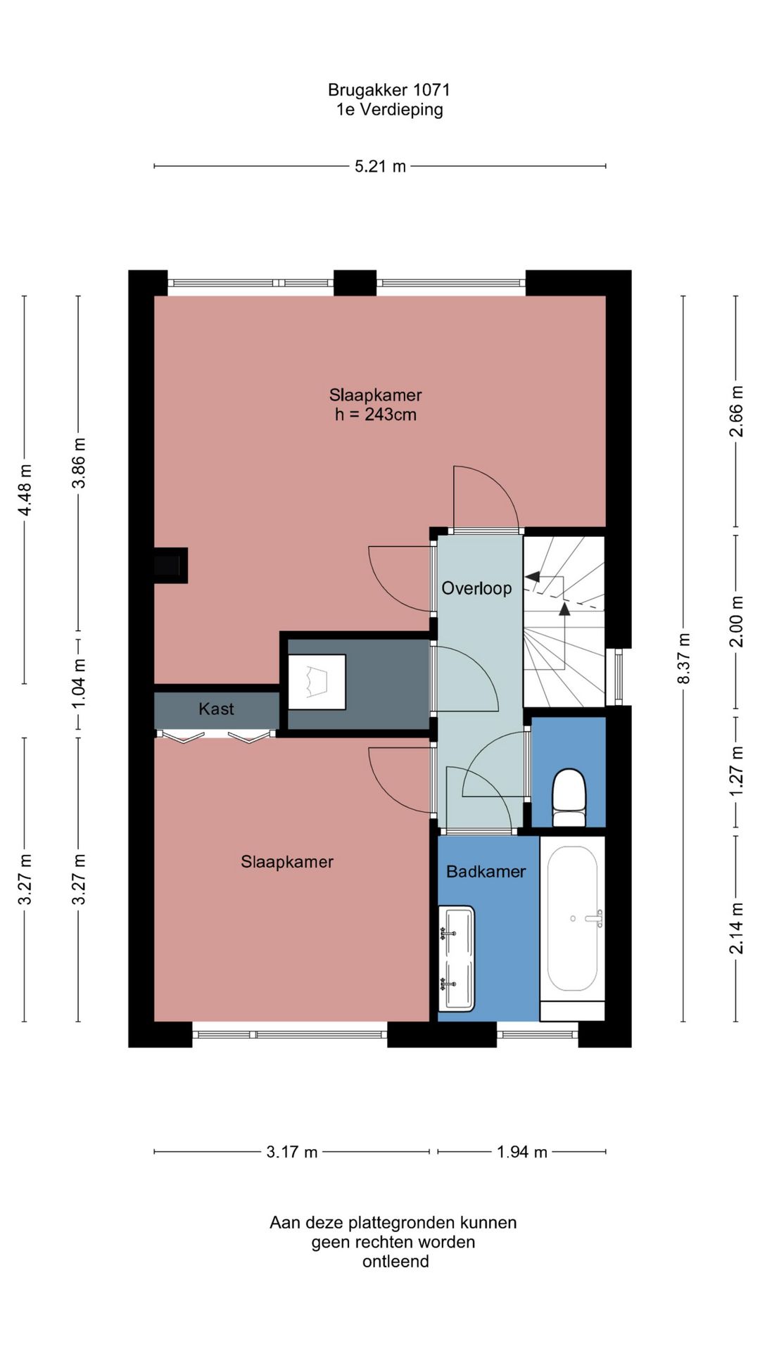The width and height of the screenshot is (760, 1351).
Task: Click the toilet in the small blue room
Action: tap(569, 798)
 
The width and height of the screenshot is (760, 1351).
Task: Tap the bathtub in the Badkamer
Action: tap(573, 919)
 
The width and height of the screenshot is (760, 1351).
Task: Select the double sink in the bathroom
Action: tap(456, 958)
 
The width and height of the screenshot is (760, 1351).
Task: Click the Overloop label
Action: tap(476, 588)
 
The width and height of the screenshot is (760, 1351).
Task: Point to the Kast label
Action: tap(216, 709)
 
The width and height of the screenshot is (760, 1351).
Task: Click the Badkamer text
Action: tap(486, 872)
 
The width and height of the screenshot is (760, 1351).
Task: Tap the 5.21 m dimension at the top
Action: tap(380, 167)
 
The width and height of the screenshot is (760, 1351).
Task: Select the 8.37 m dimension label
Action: tap(683, 659)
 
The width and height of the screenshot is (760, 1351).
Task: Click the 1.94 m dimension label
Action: tap(521, 1152)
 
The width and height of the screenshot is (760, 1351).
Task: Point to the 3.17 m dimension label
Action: tap(291, 1152)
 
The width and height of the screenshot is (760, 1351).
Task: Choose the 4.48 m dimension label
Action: tap(25, 490)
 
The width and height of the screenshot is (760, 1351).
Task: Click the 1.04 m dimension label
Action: tap(79, 684)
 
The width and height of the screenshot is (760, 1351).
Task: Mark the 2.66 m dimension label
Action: tap(736, 411)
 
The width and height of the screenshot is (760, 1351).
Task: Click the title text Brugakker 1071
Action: tap(389, 90)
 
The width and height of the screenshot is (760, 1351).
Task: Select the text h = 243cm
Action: tap(376, 414)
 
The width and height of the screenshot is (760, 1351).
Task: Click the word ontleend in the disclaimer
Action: tap(395, 1262)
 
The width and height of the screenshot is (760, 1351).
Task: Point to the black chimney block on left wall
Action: tap(170, 565)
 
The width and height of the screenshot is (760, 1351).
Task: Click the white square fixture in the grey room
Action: tap(317, 682)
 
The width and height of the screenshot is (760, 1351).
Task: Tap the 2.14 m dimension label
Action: tap(736, 928)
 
